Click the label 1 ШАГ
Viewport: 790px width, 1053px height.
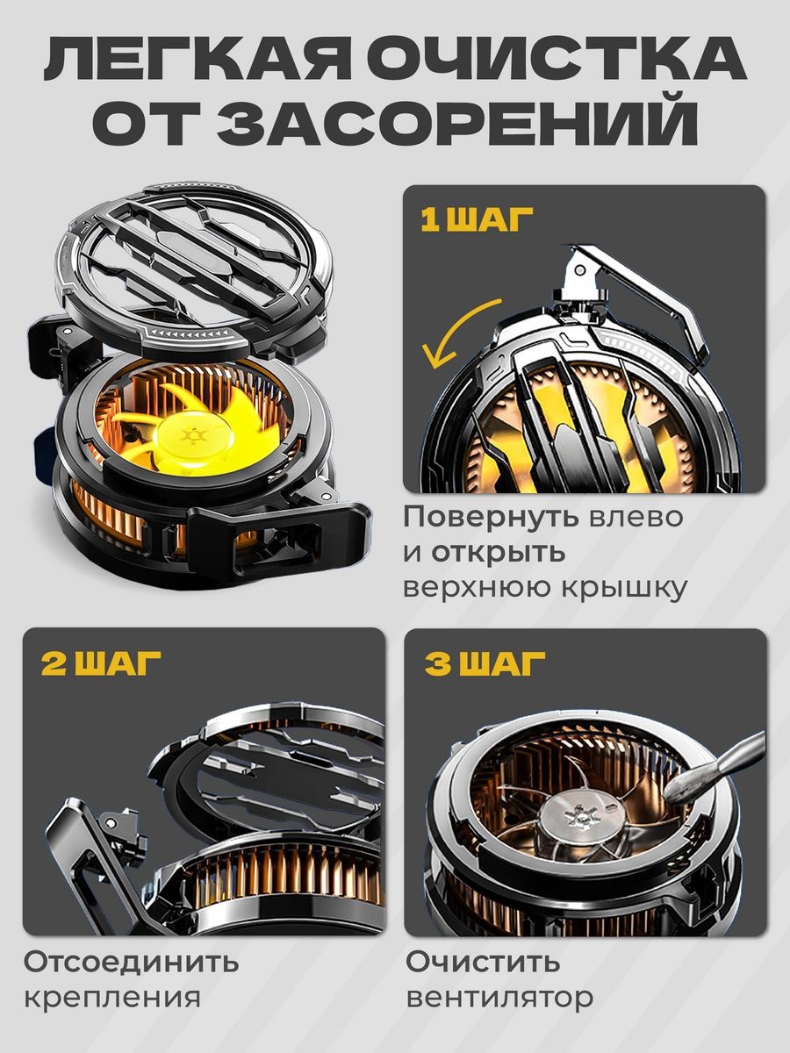tap(477, 219)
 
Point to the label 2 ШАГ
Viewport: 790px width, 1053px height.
tap(100, 663)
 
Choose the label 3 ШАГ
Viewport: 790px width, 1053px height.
tap(484, 663)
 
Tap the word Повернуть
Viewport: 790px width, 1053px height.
tap(490, 518)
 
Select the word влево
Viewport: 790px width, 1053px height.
tap(634, 518)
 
